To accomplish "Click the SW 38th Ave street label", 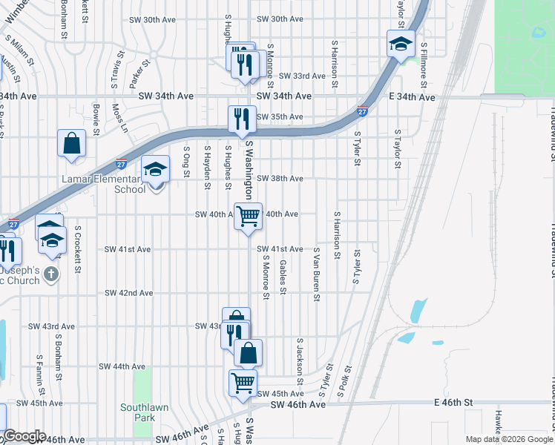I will pos(280,179).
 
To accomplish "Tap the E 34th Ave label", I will pos(411,97).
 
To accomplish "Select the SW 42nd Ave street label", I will pos(128,293).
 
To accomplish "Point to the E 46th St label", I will pos(453,402).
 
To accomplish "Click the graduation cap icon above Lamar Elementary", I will pos(155,170).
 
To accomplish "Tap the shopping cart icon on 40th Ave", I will pos(249,215).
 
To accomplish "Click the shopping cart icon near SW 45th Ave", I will pos(243,382).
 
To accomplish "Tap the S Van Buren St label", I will pos(317,275).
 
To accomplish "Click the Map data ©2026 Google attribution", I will pos(508,439).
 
